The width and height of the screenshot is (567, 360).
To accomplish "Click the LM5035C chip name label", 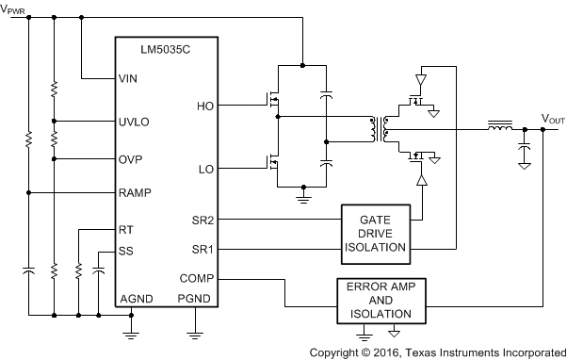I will [x=166, y=46].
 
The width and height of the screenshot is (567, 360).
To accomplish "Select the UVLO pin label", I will [x=134, y=122].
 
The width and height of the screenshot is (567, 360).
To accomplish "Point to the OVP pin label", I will [x=131, y=158].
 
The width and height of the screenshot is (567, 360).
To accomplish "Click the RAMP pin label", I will [x=135, y=193].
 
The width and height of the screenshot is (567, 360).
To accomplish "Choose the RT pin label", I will [x=126, y=229].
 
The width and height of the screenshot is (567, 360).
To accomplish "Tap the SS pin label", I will [x=126, y=251].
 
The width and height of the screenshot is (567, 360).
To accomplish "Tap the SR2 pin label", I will [x=203, y=220].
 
